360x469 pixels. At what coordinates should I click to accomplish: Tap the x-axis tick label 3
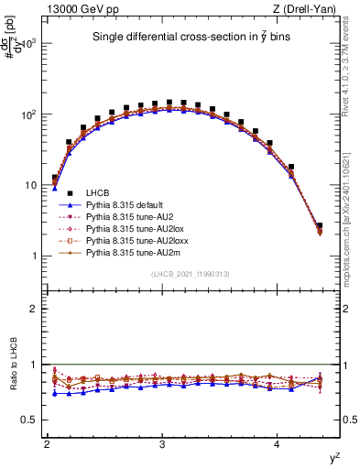click(x=162, y=444)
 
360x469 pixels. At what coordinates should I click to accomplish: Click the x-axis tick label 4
click(x=278, y=444)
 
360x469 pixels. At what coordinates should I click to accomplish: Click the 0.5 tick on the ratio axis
click(x=29, y=420)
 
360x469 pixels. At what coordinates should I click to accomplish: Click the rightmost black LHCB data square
click(x=320, y=225)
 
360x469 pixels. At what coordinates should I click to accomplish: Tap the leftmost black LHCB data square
click(x=55, y=178)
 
